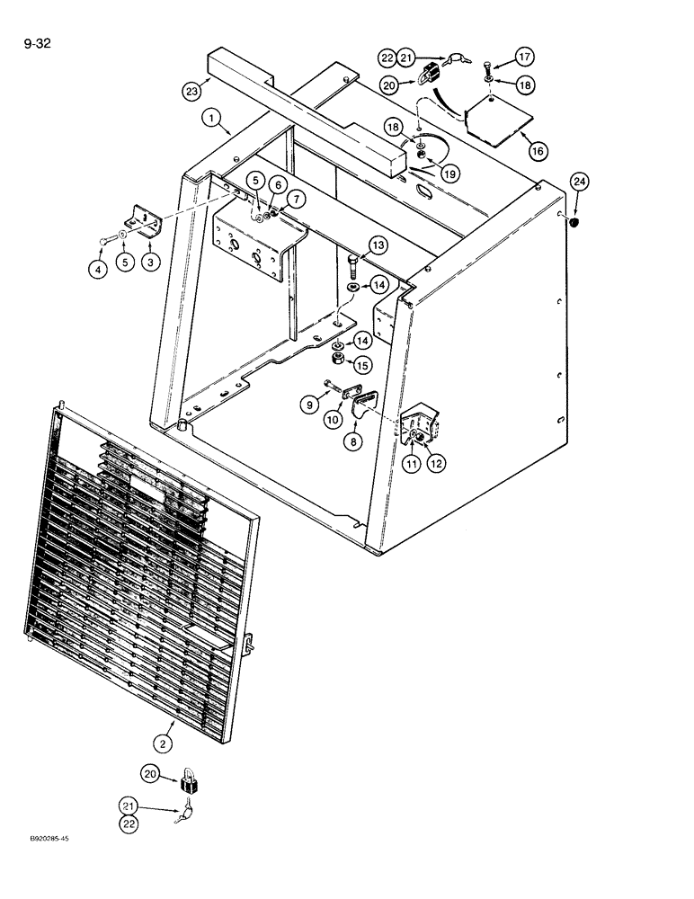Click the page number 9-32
[x=31, y=41]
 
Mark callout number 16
[x=537, y=151]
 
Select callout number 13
[x=378, y=246]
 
